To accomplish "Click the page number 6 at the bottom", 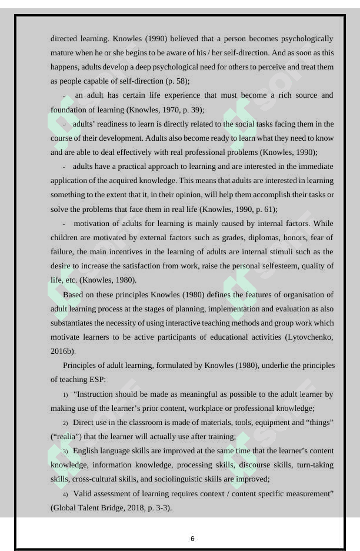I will [192, 539].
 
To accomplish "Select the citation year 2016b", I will [64, 351].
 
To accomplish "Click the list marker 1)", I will [65, 394].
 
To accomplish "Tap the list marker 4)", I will [65, 493].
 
